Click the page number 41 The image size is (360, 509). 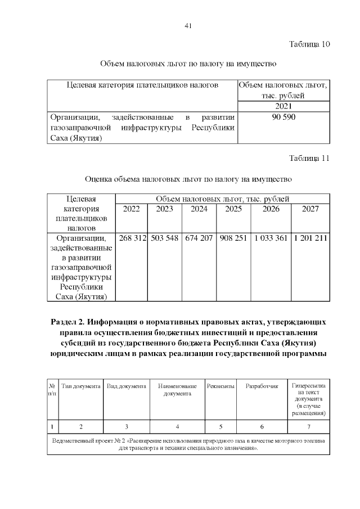(x=188, y=25)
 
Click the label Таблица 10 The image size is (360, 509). (x=309, y=44)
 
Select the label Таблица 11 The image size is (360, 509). (x=309, y=158)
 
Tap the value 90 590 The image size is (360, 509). (x=283, y=117)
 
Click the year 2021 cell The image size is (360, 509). (x=283, y=106)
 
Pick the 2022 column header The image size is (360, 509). (x=131, y=209)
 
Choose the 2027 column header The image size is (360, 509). (x=310, y=209)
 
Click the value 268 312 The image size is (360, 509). (x=131, y=238)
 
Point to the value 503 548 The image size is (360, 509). (x=164, y=238)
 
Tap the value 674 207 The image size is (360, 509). (x=199, y=238)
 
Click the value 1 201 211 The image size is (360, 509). (x=310, y=238)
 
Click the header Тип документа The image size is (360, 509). (x=81, y=386)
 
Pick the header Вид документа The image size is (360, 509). (x=127, y=386)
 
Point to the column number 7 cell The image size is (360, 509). (x=308, y=425)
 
